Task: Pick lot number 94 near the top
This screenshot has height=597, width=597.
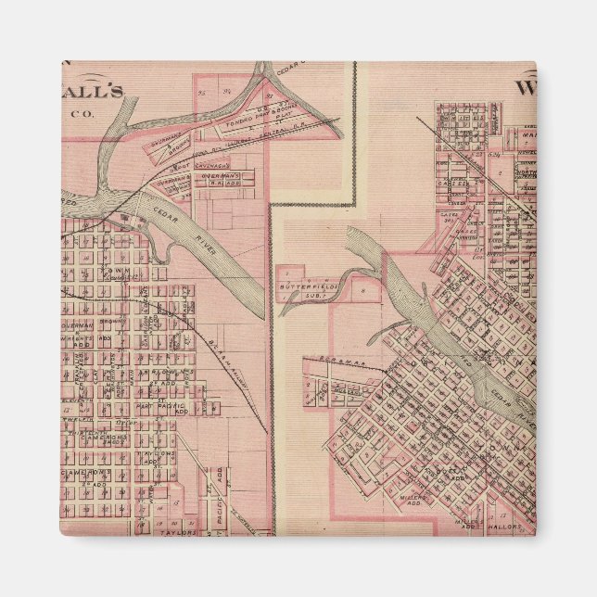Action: [229, 92]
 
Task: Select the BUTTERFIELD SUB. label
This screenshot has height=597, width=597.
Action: [299, 289]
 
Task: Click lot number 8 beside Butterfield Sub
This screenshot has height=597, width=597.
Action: [363, 289]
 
